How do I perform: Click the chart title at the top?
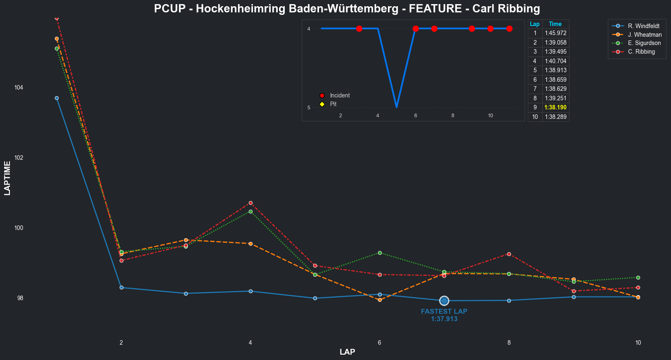(347, 9)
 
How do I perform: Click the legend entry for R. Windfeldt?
(644, 26)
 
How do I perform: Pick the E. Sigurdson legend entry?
(644, 43)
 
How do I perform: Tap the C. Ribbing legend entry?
(641, 52)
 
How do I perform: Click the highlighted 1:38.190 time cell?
(555, 107)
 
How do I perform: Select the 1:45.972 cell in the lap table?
(555, 33)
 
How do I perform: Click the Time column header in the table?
(555, 24)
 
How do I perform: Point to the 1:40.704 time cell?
(555, 61)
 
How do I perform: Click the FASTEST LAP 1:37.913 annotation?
(444, 315)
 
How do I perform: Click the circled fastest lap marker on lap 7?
(444, 301)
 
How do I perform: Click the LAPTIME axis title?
(7, 178)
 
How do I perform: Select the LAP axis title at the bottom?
(347, 352)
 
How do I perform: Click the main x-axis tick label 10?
(638, 343)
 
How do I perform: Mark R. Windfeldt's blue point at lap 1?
(57, 98)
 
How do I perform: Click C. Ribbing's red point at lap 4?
(250, 203)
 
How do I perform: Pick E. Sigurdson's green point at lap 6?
(380, 253)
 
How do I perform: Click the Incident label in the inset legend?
(340, 95)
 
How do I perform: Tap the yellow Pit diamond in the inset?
(322, 104)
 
